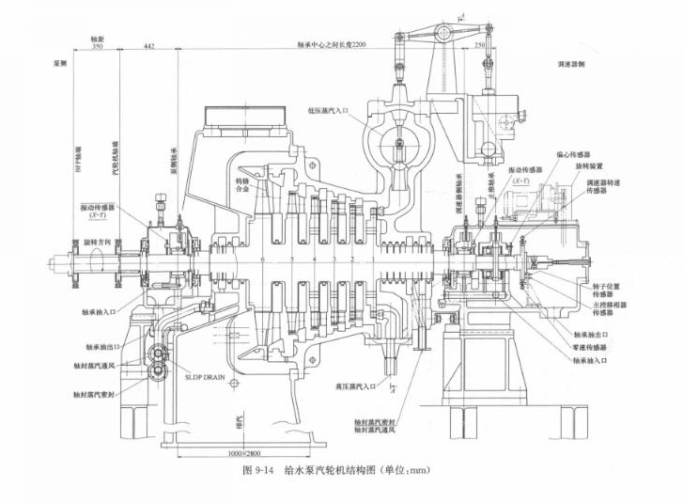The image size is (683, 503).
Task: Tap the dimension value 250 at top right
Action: (x=481, y=45)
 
